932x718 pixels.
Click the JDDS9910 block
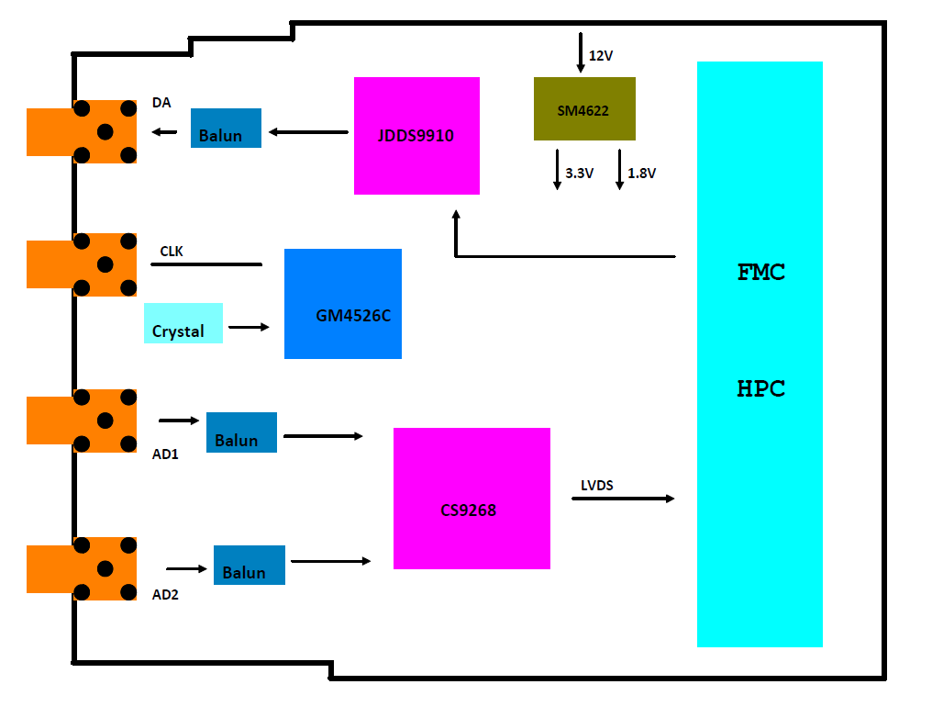tap(416, 136)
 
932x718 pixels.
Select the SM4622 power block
tap(584, 109)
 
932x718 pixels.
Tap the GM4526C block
tap(343, 304)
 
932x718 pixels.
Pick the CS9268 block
tap(472, 499)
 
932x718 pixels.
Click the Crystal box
tap(183, 323)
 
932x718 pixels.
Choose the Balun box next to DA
tap(226, 129)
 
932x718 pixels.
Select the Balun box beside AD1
tap(241, 432)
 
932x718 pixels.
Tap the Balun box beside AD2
tap(250, 566)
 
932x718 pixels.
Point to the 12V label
tap(601, 56)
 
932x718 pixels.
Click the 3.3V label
tap(580, 173)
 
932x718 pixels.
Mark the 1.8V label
tap(642, 173)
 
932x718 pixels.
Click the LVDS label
tap(597, 485)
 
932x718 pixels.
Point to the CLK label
tap(172, 251)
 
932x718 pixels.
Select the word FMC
tap(761, 273)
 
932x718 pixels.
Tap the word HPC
tap(761, 388)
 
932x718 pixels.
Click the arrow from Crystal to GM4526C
tap(249, 327)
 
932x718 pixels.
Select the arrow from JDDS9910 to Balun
tap(308, 132)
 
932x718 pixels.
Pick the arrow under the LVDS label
tap(623, 499)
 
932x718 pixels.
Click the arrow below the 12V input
tap(580, 52)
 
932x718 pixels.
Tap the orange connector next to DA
tap(82, 131)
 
